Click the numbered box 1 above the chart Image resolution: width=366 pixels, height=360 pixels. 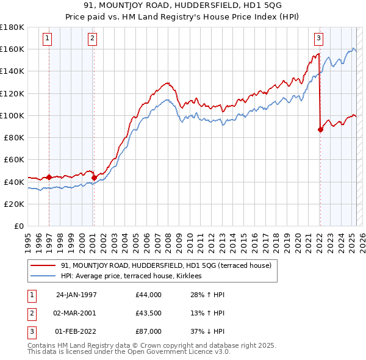48,38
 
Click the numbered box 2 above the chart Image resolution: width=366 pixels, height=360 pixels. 92,38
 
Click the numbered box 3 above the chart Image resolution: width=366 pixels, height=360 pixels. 318,38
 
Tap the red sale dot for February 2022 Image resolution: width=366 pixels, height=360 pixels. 320,129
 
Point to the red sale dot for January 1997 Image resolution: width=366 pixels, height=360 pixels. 49,178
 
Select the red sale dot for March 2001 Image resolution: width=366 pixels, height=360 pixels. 94,178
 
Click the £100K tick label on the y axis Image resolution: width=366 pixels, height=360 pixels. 12,115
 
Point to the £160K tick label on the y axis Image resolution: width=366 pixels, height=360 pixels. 12,49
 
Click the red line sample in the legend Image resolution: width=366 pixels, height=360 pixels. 43,265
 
